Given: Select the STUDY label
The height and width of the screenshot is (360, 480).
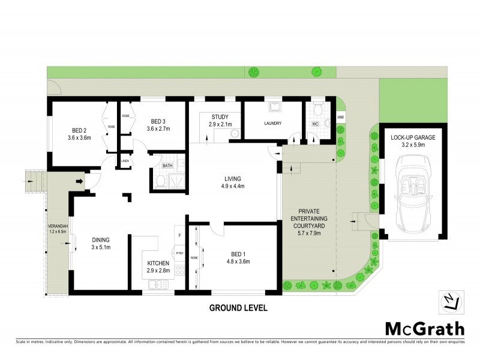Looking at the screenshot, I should coord(220,116).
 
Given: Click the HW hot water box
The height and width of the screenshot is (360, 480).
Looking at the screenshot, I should coord(340,117).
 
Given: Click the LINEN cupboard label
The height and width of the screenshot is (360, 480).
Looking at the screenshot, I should coord(125,161).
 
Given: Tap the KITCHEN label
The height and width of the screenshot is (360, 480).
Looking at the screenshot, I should coord(159,264).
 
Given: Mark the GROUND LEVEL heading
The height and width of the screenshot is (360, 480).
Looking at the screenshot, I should coord(238,308).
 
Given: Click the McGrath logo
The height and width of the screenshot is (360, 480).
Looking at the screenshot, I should coord(424,328).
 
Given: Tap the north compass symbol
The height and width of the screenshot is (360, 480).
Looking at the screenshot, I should coord(453,301).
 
